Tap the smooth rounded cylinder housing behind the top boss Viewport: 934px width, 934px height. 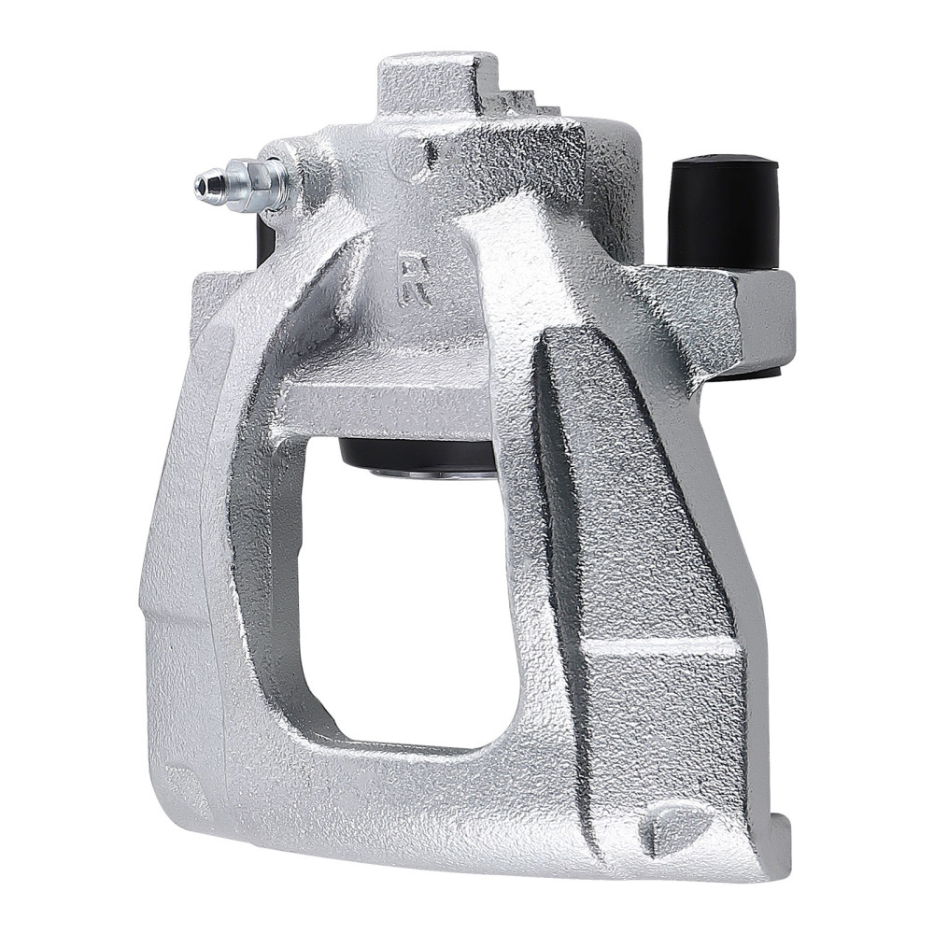(612, 177)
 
